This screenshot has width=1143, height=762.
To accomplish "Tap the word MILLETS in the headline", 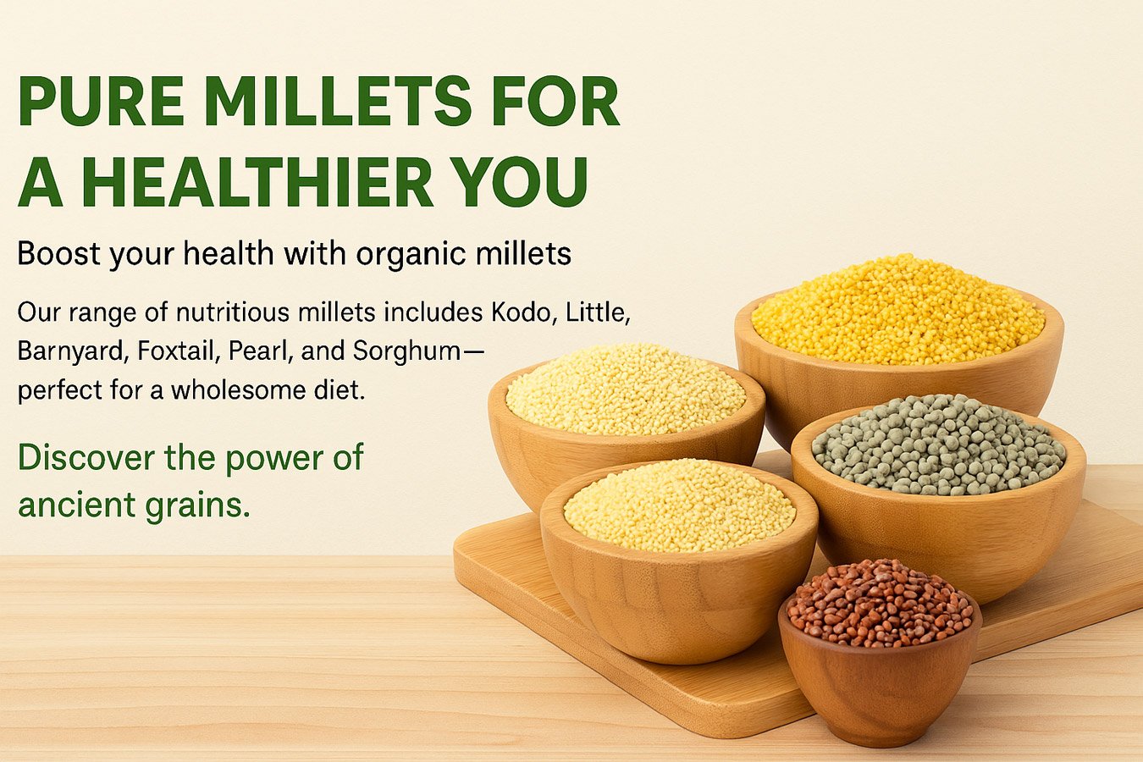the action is click(x=339, y=101).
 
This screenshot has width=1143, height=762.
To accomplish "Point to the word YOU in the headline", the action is click(x=521, y=182).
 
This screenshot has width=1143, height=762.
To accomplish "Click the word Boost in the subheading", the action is click(x=59, y=253).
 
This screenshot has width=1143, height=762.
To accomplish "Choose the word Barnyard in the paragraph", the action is click(x=70, y=352).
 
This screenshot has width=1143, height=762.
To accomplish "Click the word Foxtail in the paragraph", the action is click(x=178, y=351).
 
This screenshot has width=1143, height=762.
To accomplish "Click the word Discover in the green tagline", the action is click(x=86, y=457).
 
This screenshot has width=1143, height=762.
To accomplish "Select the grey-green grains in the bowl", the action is click(x=939, y=444).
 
